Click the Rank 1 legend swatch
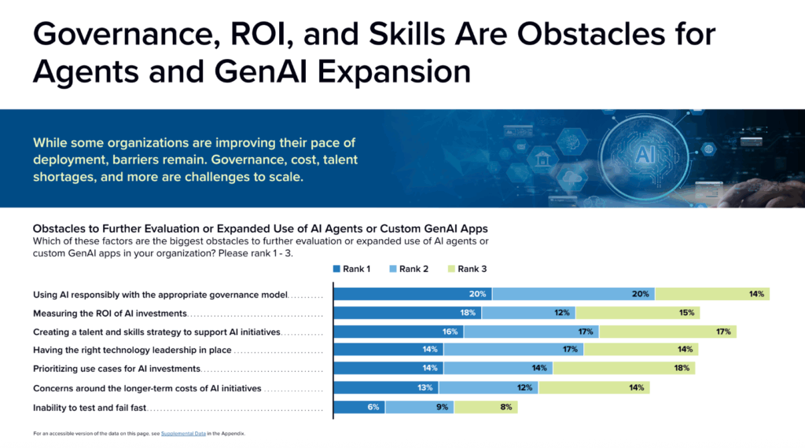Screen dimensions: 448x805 coord(338,269)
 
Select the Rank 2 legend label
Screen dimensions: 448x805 coord(414,269)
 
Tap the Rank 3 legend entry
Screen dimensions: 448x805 coord(472,269)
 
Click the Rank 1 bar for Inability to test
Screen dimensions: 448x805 coord(359,407)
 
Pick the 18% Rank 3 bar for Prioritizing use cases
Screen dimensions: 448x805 coord(623,368)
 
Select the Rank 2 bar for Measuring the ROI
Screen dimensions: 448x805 coord(528,313)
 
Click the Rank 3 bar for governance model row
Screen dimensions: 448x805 coord(711,294)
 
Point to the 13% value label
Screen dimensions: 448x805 coord(425,387)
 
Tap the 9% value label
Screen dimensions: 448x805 coord(443,407)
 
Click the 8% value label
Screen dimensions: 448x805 coord(505,407)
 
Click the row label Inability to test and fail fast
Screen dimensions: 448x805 coord(90,408)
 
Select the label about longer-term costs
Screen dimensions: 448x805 coord(147,388)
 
